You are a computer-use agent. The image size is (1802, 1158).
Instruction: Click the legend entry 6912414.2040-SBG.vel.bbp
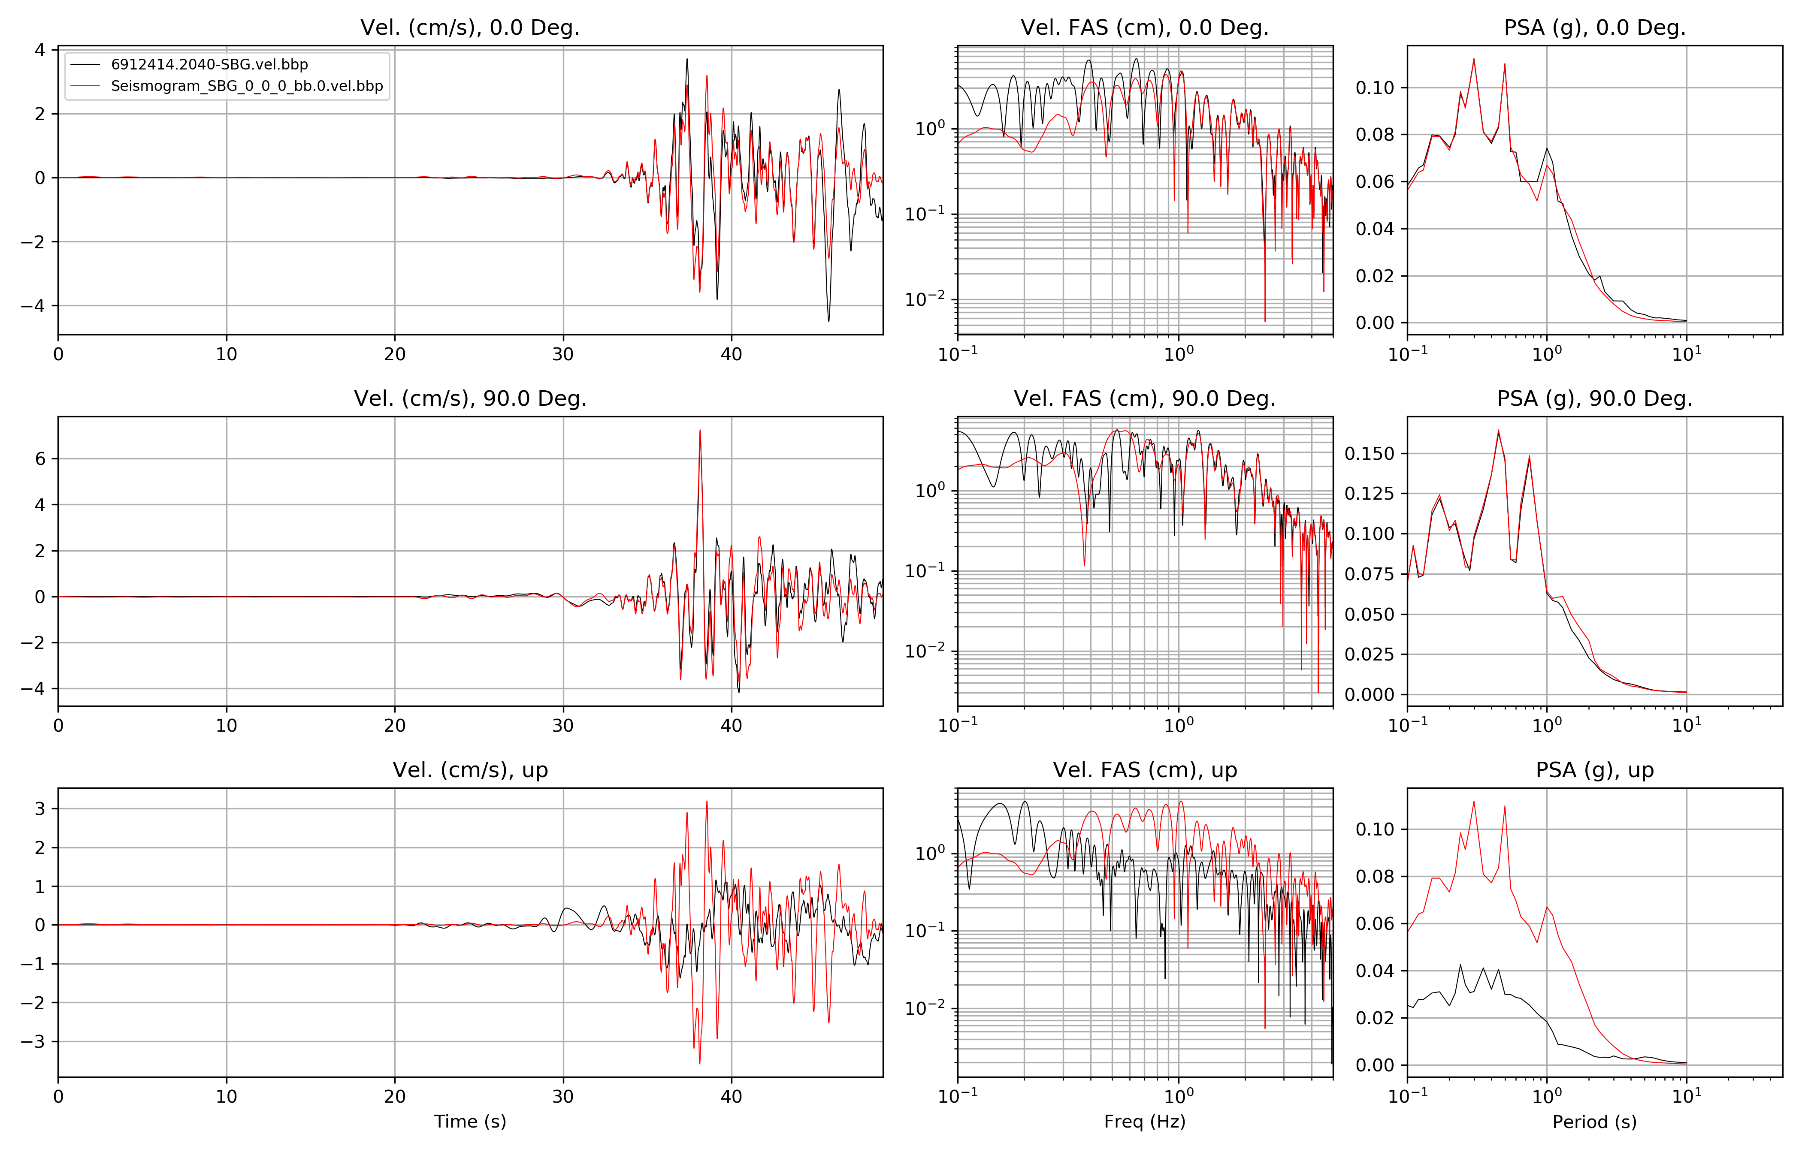(209, 65)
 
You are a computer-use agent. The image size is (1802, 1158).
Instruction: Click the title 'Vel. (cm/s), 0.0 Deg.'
(470, 28)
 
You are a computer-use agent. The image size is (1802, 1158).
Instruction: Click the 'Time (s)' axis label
(470, 1122)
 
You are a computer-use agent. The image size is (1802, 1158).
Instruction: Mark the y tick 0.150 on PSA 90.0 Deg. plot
(1369, 453)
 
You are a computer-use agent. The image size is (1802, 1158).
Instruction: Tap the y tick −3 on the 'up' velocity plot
(34, 1041)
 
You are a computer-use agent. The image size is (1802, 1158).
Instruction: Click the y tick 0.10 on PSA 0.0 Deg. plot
(1374, 88)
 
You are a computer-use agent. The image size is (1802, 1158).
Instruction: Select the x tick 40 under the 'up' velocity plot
(731, 1096)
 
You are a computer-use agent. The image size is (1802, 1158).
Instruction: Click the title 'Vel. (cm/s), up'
(470, 770)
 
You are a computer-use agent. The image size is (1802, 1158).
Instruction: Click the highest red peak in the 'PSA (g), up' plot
(1473, 802)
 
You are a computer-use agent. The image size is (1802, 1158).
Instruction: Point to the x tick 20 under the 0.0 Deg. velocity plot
(395, 354)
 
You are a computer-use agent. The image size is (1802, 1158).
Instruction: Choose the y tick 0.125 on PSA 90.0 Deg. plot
(1369, 493)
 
